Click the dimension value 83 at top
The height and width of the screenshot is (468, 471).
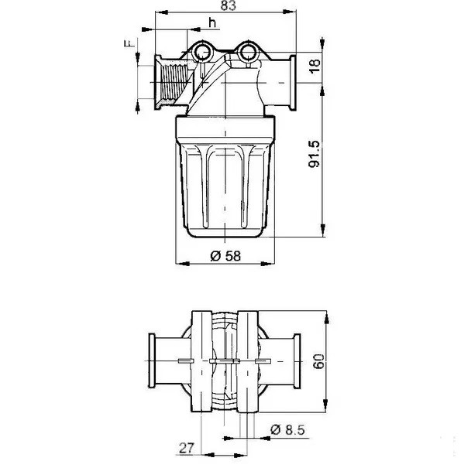coord(229,5)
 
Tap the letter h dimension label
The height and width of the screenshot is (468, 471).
coord(213,22)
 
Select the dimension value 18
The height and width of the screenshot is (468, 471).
coord(315,66)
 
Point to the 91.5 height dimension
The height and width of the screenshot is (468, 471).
coord(315,154)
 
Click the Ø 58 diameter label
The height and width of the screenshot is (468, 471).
coord(225,256)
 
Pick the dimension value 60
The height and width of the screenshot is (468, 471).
coord(318,361)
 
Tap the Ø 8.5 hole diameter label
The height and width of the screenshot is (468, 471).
coord(287,429)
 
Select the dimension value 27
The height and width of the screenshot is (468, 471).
coord(187,448)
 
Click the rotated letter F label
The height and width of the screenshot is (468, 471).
coord(129,43)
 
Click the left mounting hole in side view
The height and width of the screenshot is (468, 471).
coord(201,52)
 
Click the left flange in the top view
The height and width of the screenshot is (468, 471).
coord(152,360)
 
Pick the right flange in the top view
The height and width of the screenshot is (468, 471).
coord(297,360)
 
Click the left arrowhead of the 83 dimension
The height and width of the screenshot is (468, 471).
coord(161,12)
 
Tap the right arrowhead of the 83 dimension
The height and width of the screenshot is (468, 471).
coord(291,12)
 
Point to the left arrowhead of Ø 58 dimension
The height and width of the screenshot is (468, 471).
coord(183,264)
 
